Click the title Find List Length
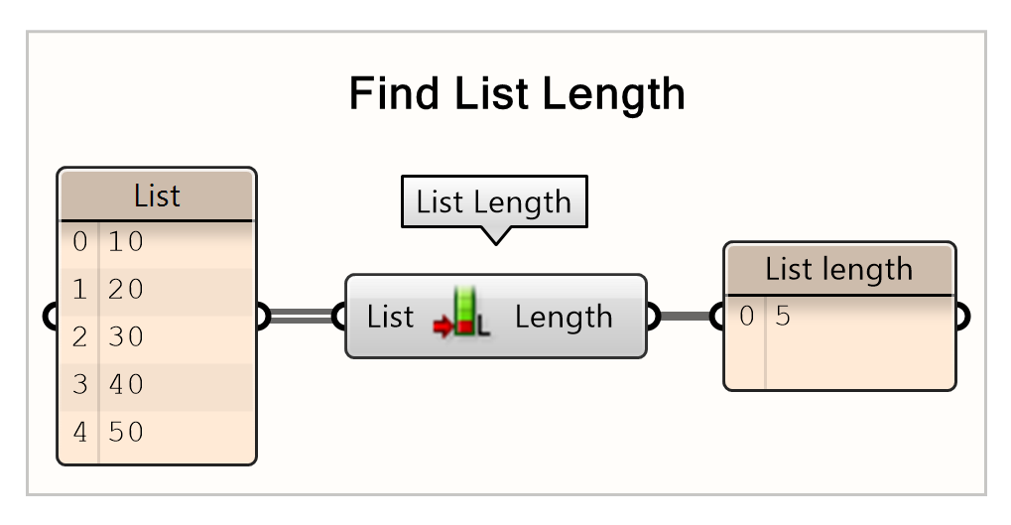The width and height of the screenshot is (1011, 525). click(517, 95)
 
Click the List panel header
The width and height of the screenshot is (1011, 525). click(157, 196)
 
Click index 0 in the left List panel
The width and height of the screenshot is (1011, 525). click(79, 241)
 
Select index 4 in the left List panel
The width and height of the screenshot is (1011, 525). click(79, 432)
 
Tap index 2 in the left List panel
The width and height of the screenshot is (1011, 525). click(79, 336)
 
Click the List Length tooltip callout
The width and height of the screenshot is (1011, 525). click(493, 202)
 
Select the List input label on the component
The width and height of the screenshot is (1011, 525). click(390, 318)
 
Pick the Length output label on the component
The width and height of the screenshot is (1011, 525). click(564, 318)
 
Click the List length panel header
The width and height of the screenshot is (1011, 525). click(839, 269)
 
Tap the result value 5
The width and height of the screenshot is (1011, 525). click(783, 317)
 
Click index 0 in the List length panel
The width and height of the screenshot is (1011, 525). click(746, 317)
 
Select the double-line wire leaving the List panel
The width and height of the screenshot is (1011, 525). click(301, 317)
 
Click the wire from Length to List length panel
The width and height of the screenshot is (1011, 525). click(685, 317)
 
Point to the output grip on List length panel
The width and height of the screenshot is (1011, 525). click(959, 317)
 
